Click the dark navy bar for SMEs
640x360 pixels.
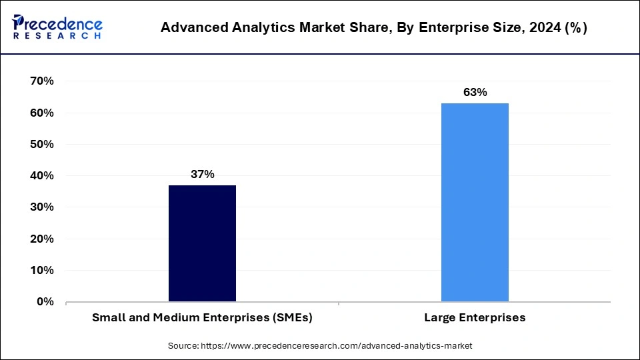202,243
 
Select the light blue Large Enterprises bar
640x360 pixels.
475,202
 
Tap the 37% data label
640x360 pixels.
202,174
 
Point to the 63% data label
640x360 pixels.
475,92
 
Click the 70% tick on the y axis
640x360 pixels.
42,81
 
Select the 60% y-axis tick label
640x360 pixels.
42,113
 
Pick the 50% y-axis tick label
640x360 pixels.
42,144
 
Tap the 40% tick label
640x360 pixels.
42,176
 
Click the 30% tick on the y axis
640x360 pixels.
42,207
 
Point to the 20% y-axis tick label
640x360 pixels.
42,239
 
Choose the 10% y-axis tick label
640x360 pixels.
42,270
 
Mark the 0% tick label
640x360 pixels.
45,301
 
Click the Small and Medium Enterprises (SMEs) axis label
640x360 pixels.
202,318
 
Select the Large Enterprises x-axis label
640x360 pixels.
475,318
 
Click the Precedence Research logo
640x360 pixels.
57,27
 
